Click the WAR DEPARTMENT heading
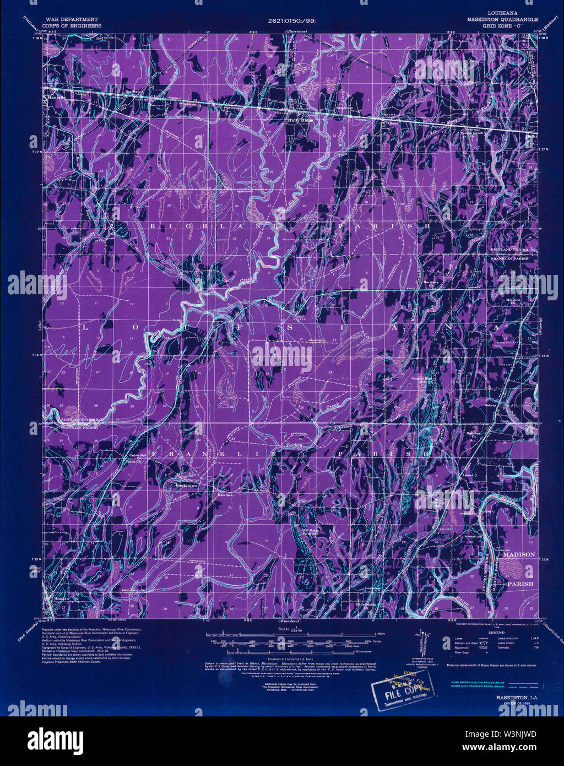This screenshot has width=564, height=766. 72,19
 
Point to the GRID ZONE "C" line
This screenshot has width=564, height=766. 502,25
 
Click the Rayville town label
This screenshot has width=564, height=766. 57,97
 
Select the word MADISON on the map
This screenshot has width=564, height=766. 519,555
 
